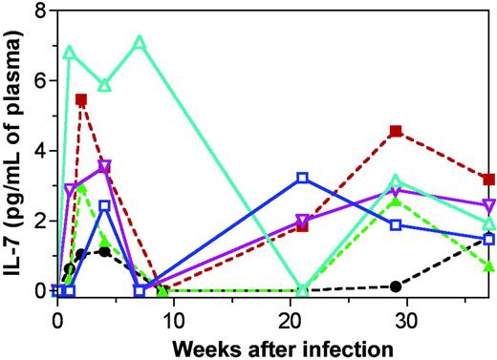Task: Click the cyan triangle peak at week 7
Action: tap(140, 43)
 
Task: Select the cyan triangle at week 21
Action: tap(302, 289)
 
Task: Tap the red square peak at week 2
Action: tap(81, 99)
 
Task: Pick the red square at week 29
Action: tap(396, 131)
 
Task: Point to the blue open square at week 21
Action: tap(302, 178)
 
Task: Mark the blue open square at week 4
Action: tap(104, 205)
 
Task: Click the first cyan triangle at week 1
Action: tap(69, 53)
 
